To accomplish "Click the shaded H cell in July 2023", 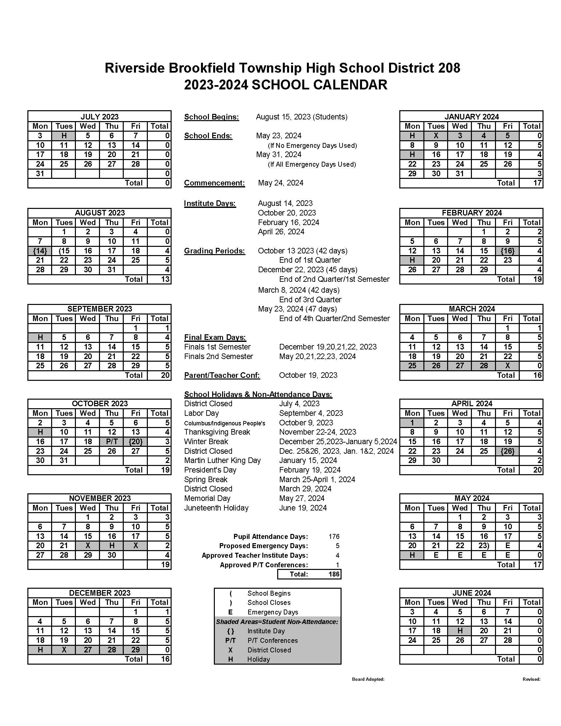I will [64, 136].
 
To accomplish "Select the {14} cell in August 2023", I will [40, 251].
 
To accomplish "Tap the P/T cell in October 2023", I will [112, 442].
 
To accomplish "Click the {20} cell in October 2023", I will [135, 442].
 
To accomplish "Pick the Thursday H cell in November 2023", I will [112, 545].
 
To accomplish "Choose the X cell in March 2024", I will [508, 366].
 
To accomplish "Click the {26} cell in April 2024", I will [508, 451].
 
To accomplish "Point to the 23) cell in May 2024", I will [483, 545].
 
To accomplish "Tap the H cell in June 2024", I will [460, 631].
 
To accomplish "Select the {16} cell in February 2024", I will [508, 251].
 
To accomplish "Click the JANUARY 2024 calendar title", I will [471, 117].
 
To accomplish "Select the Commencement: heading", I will [214, 183].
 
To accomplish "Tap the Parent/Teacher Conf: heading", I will [222, 375].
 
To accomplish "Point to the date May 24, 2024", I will [280, 183].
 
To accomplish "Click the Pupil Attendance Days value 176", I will [334, 537].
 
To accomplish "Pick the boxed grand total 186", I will [334, 574].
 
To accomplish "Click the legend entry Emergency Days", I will [273, 612].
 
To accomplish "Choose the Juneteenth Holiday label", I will [216, 508].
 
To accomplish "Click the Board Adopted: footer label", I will [368, 679].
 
